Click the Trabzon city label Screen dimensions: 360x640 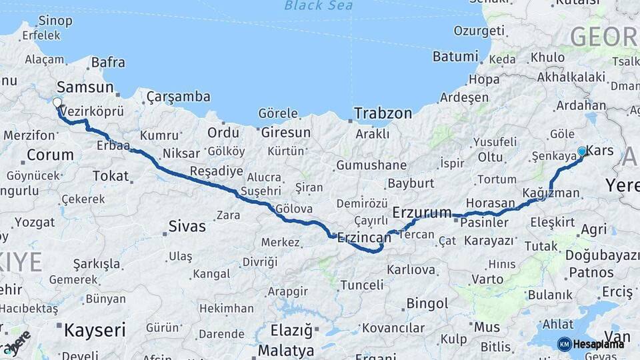383,113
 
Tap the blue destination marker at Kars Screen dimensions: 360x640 582,152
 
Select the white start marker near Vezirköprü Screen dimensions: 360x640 57,103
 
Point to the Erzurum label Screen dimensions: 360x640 422,213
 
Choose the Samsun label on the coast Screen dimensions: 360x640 85,87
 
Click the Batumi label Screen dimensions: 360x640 455,57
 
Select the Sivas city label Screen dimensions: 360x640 187,226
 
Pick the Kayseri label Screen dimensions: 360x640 95,329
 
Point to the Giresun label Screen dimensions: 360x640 285,133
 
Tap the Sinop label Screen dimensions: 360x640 55,21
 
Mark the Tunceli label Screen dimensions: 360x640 362,285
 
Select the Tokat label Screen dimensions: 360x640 110,176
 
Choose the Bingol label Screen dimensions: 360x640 427,304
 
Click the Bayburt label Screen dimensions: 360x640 411,183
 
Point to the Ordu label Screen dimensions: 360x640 223,133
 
